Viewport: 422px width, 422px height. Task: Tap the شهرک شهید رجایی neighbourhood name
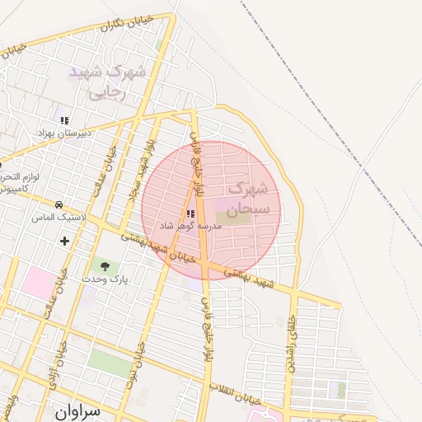click(107, 82)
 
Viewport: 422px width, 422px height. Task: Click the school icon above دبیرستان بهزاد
click(64, 120)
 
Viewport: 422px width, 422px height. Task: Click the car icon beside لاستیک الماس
click(59, 204)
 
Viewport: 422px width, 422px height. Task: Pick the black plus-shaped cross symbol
click(65, 241)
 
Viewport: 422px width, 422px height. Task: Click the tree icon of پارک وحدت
click(105, 265)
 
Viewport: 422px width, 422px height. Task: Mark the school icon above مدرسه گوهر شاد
click(192, 213)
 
